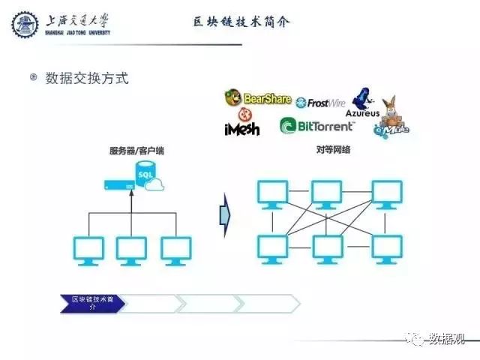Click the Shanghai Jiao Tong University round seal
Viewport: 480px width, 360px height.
[25, 25]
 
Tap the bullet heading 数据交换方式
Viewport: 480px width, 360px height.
[87, 77]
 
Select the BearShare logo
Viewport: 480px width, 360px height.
[257, 97]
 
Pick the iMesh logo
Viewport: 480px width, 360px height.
[241, 124]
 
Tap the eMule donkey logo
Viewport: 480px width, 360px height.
[391, 119]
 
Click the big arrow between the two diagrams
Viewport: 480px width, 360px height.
[223, 214]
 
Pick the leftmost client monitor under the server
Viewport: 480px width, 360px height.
[88, 250]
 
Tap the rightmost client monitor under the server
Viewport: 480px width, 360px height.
[176, 250]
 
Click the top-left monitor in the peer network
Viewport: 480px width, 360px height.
[271, 194]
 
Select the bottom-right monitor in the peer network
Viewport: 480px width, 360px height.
[387, 248]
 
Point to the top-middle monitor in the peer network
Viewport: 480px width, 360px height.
[328, 194]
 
